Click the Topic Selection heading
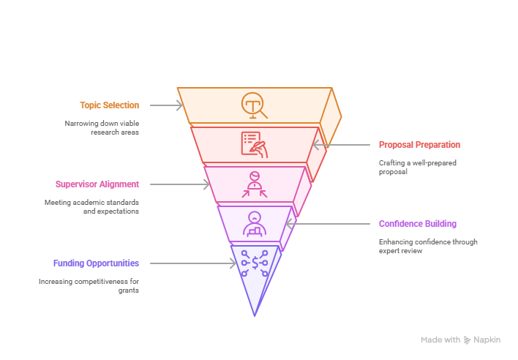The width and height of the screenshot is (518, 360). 109,105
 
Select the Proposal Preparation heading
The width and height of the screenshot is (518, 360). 419,145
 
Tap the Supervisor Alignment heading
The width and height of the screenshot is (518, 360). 97,184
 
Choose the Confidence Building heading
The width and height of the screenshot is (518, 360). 418,224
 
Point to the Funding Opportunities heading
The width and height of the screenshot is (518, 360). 96,263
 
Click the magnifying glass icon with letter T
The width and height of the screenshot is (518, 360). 254,105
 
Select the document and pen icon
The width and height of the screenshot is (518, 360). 254,145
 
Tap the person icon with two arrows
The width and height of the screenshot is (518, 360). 255,184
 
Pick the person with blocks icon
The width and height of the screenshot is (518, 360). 255,224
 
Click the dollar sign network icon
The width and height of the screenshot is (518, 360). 255,263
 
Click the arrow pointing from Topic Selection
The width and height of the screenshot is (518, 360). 166,105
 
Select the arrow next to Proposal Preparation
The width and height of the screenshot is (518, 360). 341,145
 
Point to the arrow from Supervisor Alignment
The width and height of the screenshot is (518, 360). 180,184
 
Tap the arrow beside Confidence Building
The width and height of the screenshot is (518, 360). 328,224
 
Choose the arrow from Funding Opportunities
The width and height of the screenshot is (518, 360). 193,263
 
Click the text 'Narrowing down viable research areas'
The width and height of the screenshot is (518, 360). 102,127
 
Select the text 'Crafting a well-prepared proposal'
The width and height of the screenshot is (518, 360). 418,167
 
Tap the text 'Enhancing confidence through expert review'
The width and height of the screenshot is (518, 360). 428,246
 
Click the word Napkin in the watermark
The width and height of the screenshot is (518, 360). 487,340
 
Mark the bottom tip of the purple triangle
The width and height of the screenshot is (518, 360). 255,316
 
